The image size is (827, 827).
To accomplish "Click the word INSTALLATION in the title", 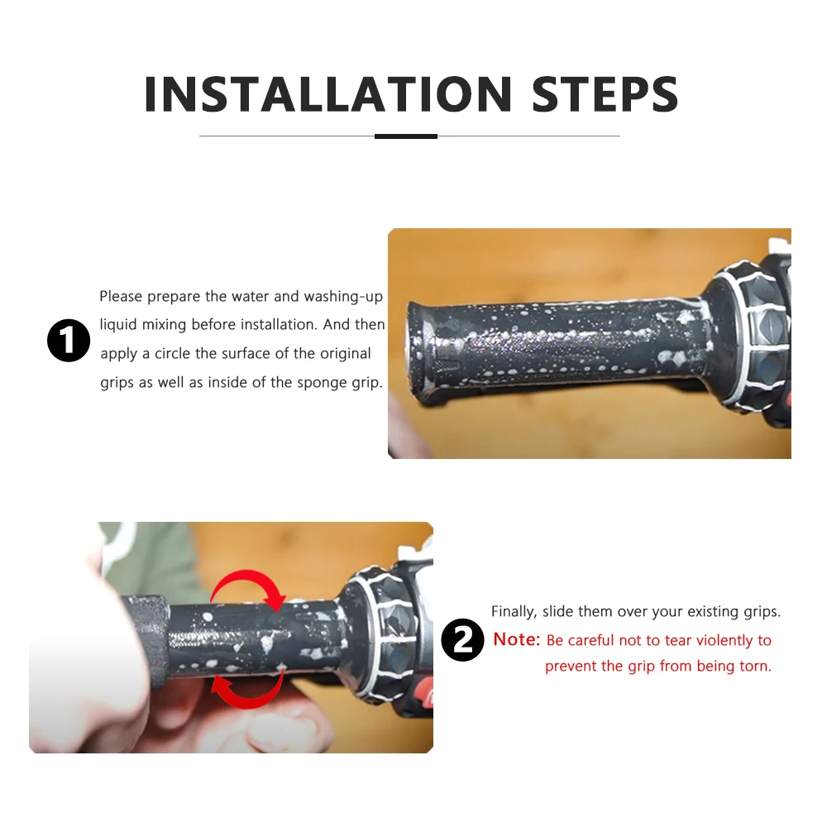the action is click(327, 94).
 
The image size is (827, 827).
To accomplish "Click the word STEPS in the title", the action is click(605, 94).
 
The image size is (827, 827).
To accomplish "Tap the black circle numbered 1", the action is click(69, 340).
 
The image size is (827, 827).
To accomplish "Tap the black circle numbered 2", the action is click(462, 640).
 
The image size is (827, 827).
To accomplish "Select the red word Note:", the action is click(517, 639).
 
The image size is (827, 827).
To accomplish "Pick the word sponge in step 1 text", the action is click(321, 383).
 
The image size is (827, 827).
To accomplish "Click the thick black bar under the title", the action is click(405, 136).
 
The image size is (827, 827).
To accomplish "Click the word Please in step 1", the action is click(121, 296).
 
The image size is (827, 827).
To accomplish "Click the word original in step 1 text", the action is click(346, 354).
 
